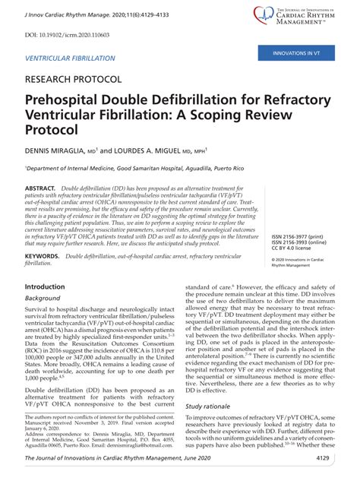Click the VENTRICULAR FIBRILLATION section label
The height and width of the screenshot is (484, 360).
(x=70, y=58)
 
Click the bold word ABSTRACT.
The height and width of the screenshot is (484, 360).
(x=40, y=187)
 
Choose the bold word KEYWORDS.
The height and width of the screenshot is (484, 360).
(x=43, y=258)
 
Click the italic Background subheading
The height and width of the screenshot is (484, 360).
(x=43, y=299)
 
